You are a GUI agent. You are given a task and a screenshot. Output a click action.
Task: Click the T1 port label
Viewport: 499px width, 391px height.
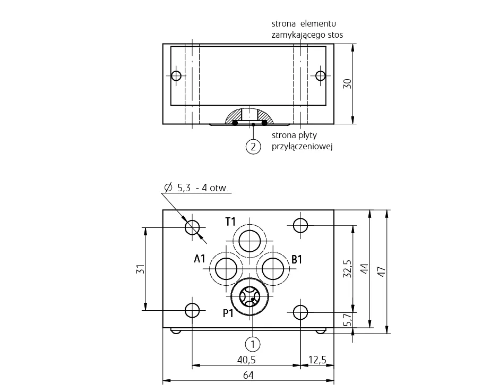click(230, 222)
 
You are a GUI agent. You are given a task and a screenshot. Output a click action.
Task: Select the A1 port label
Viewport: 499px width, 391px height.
click(200, 259)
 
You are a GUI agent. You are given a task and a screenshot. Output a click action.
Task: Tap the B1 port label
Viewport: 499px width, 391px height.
click(297, 259)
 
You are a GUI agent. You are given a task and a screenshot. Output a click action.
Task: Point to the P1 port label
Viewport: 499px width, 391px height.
click(228, 313)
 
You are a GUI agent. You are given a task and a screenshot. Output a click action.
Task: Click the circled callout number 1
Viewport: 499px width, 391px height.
click(253, 344)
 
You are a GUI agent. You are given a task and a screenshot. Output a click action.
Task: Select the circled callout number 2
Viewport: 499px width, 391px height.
click(253, 147)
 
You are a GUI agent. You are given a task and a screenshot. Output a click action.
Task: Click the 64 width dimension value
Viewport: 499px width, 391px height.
click(248, 376)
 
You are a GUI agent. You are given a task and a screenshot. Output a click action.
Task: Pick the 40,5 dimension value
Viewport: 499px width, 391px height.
click(246, 360)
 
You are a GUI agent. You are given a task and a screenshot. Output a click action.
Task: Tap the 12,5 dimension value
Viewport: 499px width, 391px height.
click(317, 360)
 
